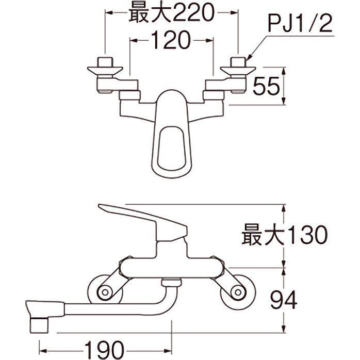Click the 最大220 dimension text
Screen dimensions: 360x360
[172, 13]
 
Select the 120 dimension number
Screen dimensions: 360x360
[171, 40]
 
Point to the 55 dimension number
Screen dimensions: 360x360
[266, 86]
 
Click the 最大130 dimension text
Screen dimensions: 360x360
[285, 235]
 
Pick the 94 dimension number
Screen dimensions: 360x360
[284, 300]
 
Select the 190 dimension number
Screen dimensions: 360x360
[105, 351]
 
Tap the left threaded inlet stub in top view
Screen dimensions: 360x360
[105, 62]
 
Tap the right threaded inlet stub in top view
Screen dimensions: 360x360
[238, 62]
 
